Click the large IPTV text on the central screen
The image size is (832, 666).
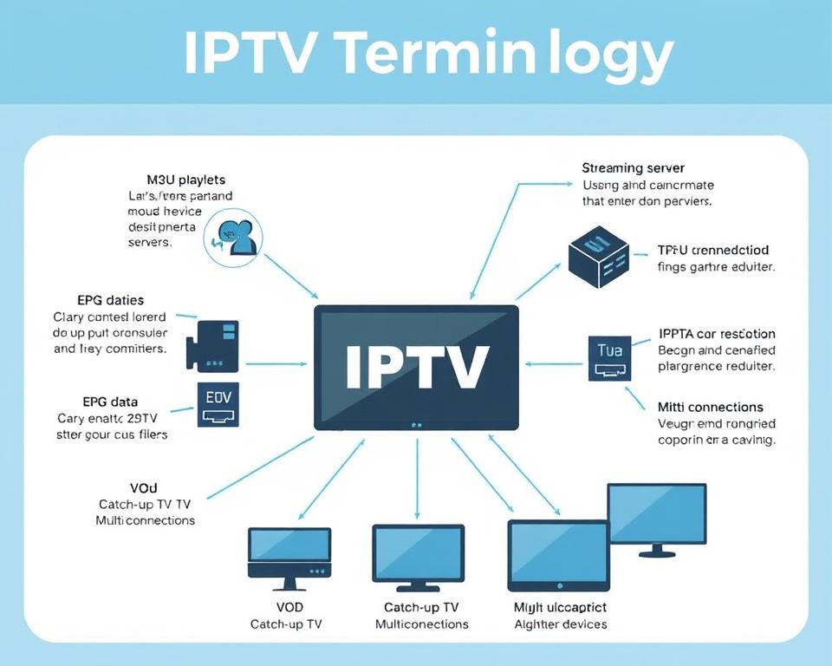pyautogui.click(x=416, y=366)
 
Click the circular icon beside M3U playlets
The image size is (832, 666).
pyautogui.click(x=234, y=236)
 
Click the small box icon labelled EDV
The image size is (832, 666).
pyautogui.click(x=219, y=405)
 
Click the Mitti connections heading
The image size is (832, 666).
pyautogui.click(x=710, y=407)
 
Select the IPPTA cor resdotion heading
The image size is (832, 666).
pyautogui.click(x=716, y=334)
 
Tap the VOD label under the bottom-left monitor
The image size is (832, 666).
pyautogui.click(x=288, y=607)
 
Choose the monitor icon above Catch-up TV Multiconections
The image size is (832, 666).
pyautogui.click(x=418, y=555)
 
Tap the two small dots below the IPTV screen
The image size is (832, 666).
pyautogui.click(x=417, y=425)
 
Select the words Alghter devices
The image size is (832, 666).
pyautogui.click(x=560, y=624)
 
